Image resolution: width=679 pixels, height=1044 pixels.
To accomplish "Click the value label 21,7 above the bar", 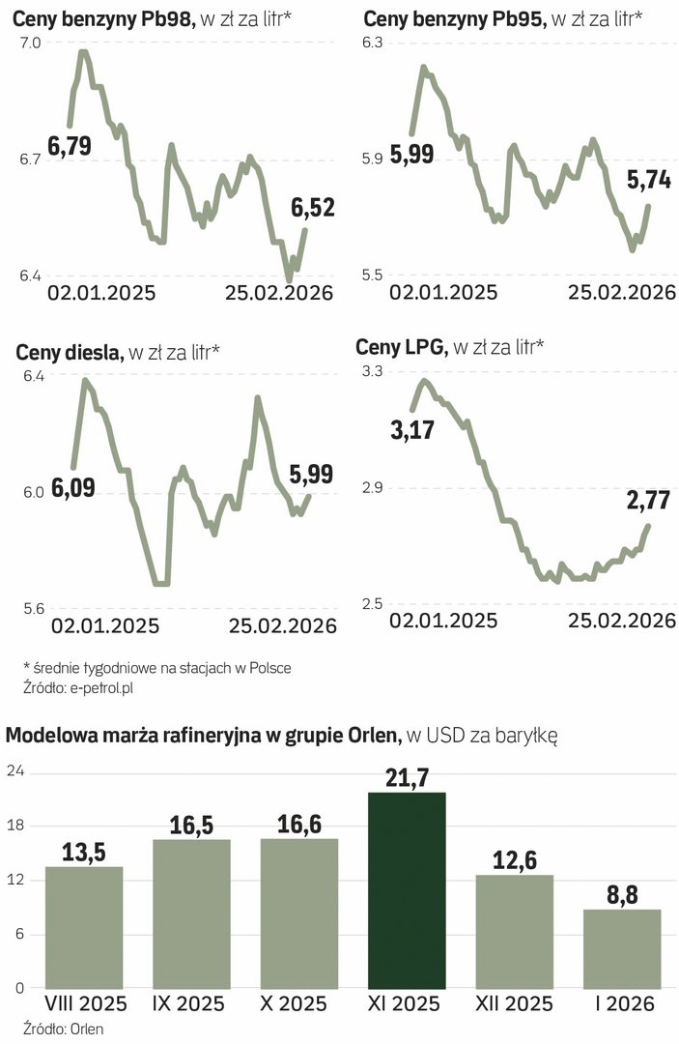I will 407,777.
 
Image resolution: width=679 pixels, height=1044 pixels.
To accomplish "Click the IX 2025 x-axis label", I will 191,1003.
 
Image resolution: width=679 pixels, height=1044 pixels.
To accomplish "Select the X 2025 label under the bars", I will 299,1003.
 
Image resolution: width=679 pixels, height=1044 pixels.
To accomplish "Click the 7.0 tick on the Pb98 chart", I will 30,43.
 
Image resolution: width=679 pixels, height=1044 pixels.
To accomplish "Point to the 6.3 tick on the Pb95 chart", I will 373,43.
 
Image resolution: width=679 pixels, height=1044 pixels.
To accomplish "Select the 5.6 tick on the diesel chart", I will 32,609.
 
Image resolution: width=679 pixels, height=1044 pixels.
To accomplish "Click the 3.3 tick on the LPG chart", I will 373,371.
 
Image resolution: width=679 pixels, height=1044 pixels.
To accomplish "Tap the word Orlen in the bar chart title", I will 371,737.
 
